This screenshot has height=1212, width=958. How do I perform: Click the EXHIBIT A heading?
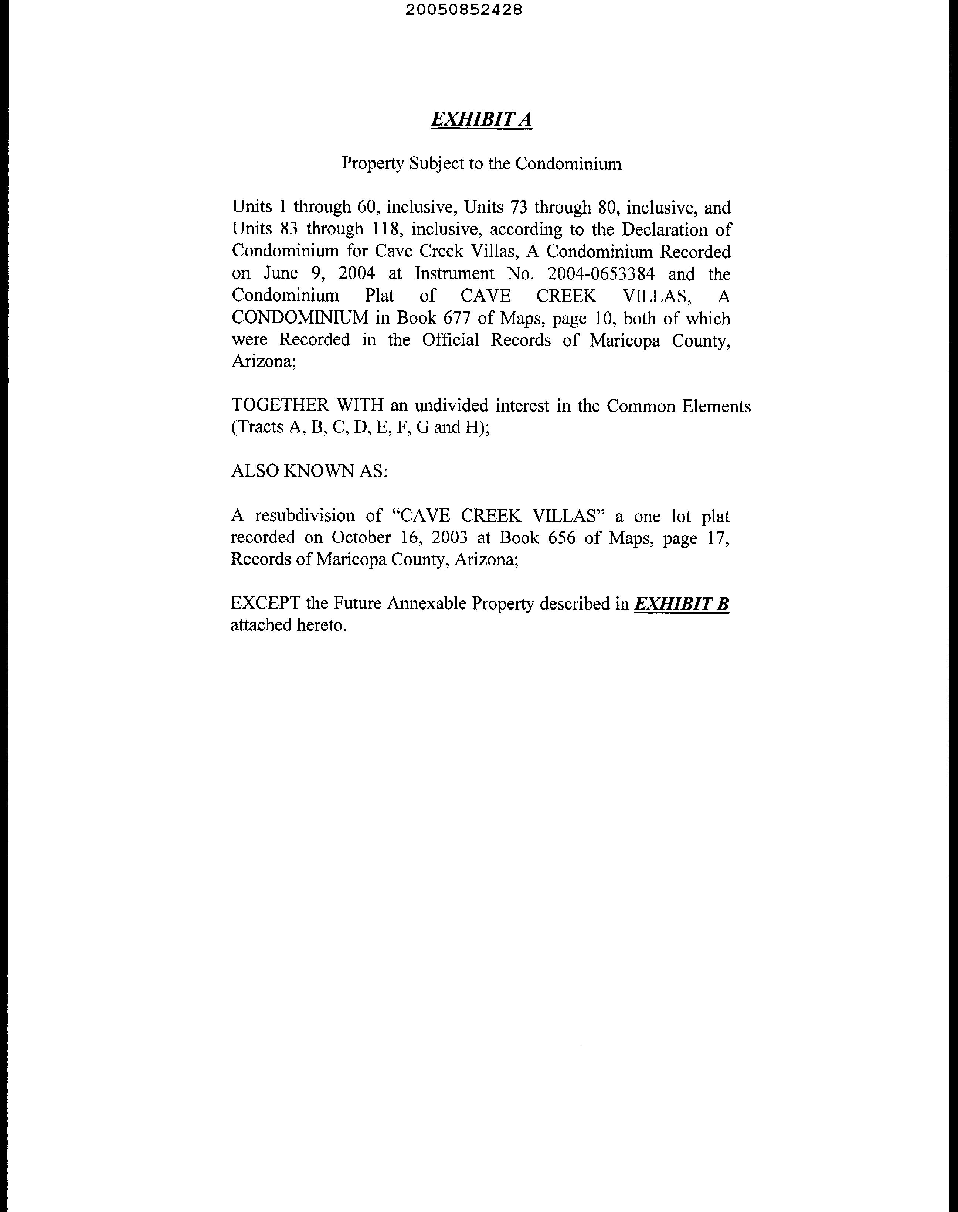481,119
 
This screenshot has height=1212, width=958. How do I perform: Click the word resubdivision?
319,515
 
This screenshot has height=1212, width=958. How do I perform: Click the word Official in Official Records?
451,340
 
